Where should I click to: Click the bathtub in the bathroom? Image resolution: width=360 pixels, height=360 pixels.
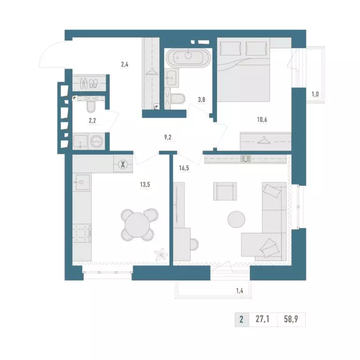pos(188,58)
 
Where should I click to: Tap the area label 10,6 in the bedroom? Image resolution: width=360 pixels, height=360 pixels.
pos(262,120)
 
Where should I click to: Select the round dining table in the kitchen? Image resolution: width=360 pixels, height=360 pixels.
pos(137,225)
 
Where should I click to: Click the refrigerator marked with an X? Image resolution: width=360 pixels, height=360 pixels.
pos(123,164)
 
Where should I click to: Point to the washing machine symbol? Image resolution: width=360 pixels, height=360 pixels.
pos(97,141)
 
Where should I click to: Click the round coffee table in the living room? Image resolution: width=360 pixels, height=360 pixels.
pos(236,219)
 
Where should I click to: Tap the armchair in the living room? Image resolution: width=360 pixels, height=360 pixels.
pos(225,191)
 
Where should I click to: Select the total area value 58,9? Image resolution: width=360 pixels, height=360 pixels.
pos(291,319)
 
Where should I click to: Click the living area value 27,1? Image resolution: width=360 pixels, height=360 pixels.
pos(262,319)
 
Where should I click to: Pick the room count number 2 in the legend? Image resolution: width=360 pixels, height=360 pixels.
pos(241,319)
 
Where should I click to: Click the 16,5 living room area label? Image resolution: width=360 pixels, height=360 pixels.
pos(184,168)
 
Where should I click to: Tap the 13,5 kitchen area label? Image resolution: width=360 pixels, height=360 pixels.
pos(145,184)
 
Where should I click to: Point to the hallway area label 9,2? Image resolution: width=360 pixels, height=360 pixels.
pos(168,137)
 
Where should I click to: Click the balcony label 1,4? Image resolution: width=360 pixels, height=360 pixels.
pos(240,291)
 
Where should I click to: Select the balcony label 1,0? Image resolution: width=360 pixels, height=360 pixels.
pos(315,94)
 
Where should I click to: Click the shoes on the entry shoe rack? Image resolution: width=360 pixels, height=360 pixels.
pos(89,83)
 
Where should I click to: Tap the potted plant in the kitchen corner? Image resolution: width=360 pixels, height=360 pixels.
pos(161,254)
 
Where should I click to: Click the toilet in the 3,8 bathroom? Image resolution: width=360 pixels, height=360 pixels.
pos(178,99)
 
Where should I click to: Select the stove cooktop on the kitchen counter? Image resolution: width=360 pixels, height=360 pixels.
pos(82,233)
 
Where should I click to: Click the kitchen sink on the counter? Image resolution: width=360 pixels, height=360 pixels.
pos(82,182)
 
